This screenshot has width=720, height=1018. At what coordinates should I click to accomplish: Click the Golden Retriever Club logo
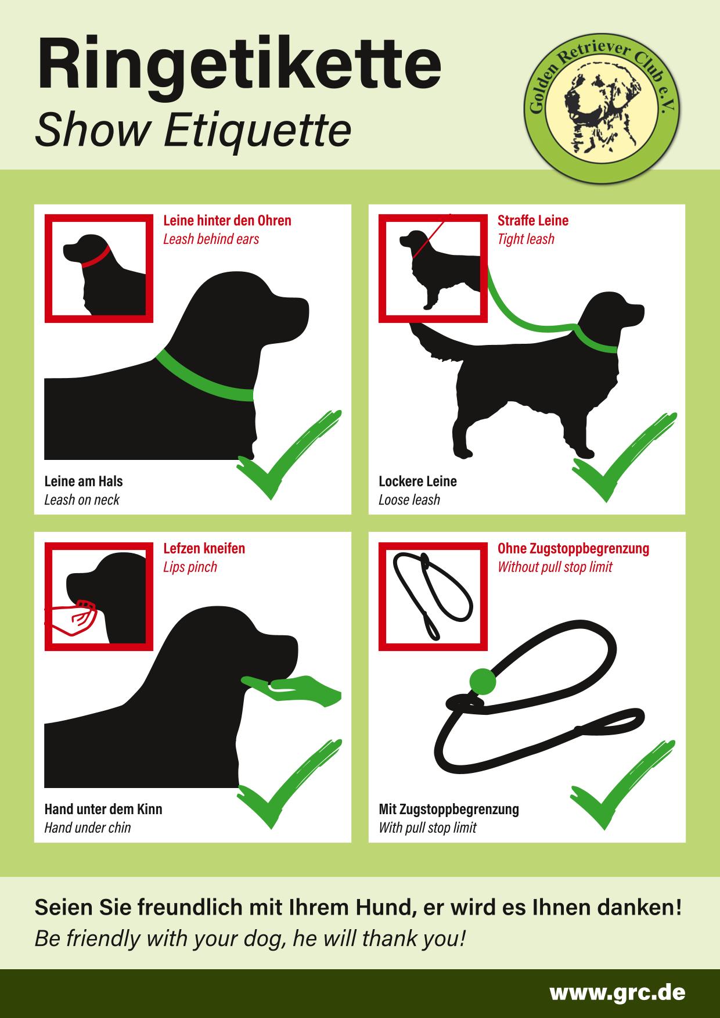603,106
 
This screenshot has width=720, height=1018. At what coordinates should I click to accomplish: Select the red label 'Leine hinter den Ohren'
227,221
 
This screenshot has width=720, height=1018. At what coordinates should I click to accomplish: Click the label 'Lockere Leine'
417,481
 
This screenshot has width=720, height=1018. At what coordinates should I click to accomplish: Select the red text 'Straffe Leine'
533,221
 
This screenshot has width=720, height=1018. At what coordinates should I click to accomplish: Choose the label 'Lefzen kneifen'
204,549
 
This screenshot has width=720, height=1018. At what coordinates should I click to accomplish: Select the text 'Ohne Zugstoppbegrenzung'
573,549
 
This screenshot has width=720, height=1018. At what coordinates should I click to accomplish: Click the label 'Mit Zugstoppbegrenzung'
449,810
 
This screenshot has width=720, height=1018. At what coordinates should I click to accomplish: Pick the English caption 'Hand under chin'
88,828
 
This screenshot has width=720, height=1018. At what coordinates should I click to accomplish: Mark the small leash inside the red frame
432,595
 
